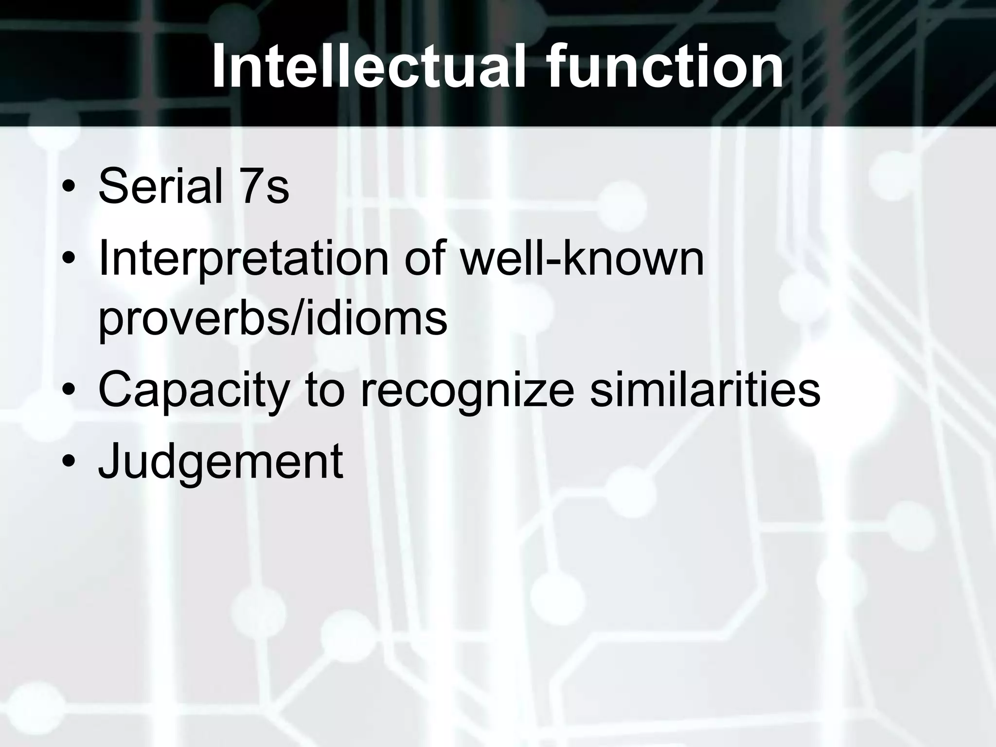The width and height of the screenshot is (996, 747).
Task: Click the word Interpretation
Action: (x=243, y=260)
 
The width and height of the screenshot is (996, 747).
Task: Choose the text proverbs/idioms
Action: (x=272, y=319)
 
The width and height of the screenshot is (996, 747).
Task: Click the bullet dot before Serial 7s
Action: (x=69, y=189)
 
